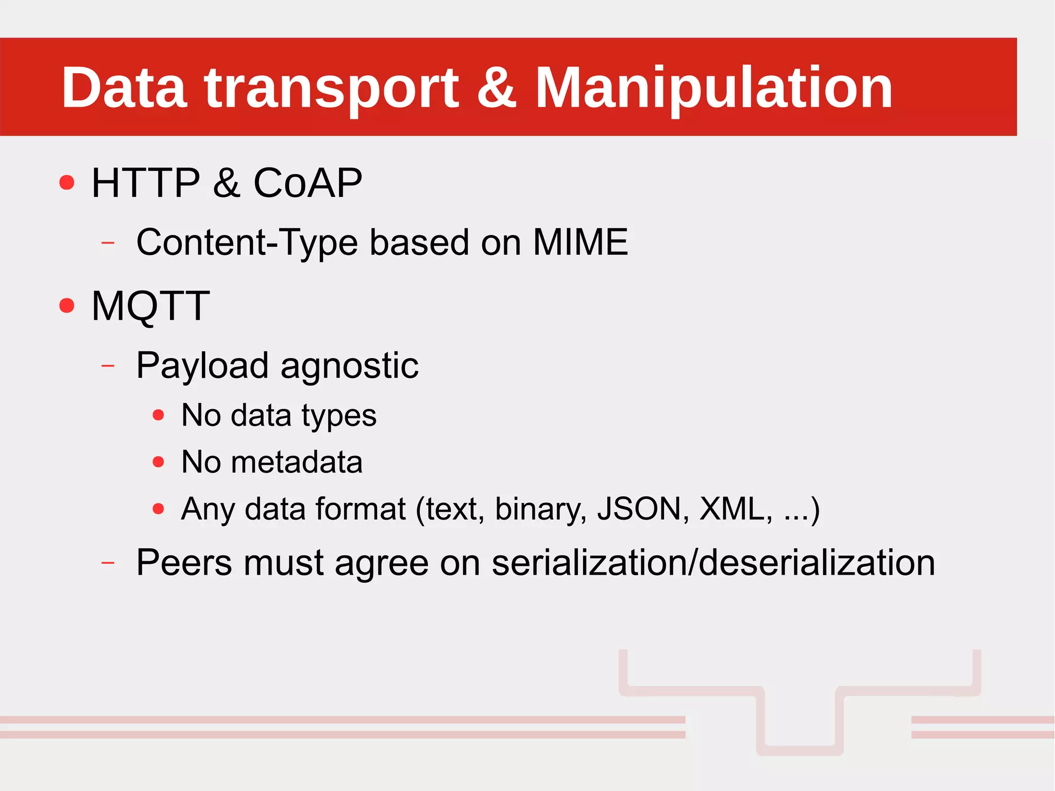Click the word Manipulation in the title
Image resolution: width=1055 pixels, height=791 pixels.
pyautogui.click(x=713, y=89)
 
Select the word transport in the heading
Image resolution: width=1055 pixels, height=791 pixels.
pyautogui.click(x=331, y=89)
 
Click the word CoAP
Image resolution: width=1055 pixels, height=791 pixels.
pyautogui.click(x=308, y=183)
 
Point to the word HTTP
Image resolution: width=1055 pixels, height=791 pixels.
pyautogui.click(x=146, y=183)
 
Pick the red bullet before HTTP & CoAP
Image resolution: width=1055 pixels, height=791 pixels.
pyautogui.click(x=67, y=182)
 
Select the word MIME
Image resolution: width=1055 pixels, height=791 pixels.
pyautogui.click(x=580, y=242)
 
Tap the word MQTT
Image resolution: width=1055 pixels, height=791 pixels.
pyautogui.click(x=150, y=306)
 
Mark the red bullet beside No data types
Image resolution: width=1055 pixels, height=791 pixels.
pyautogui.click(x=159, y=415)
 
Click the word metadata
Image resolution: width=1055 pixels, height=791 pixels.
pyautogui.click(x=297, y=462)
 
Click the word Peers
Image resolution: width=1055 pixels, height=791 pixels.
pyautogui.click(x=184, y=563)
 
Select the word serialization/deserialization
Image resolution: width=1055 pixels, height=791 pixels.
pyautogui.click(x=713, y=563)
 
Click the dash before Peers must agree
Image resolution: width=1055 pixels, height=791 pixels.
pyautogui.click(x=108, y=563)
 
